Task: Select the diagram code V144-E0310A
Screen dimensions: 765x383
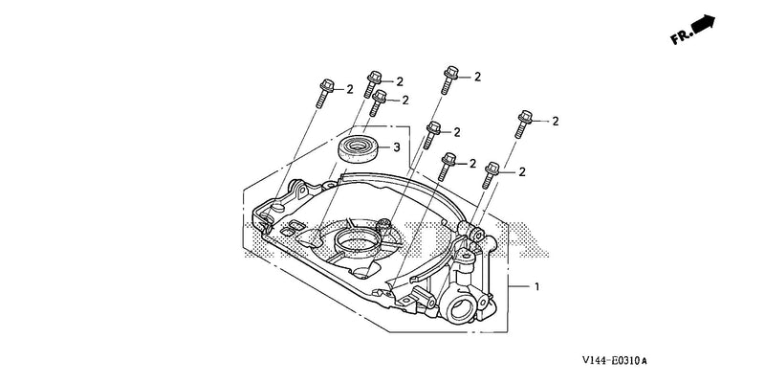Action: pyautogui.click(x=614, y=361)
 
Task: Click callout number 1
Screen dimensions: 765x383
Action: pyautogui.click(x=537, y=286)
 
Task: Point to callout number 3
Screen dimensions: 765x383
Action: pyautogui.click(x=397, y=146)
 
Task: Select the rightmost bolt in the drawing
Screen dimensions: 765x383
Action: pyautogui.click(x=523, y=124)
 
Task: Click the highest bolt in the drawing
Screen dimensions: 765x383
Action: pyautogui.click(x=448, y=79)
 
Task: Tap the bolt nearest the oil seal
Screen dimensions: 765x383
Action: pyautogui.click(x=377, y=102)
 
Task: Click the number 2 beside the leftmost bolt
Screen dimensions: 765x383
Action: pyautogui.click(x=350, y=89)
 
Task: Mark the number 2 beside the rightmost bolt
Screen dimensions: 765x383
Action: pyautogui.click(x=556, y=122)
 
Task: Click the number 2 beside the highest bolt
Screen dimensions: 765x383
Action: pyautogui.click(x=477, y=77)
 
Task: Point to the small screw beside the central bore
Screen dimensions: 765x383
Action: pyautogui.click(x=383, y=224)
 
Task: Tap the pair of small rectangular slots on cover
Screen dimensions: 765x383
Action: pyautogui.click(x=293, y=227)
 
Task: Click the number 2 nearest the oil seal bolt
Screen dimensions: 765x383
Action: pyautogui.click(x=404, y=101)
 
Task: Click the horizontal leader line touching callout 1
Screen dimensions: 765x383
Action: pyautogui.click(x=519, y=286)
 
